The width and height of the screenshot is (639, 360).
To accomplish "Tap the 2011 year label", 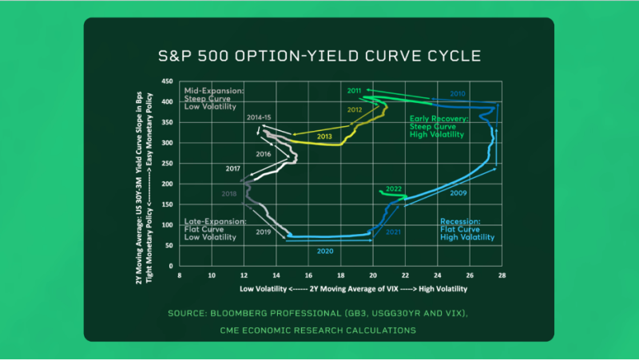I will click(x=354, y=90).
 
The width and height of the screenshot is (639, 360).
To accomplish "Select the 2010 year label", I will click(x=458, y=93).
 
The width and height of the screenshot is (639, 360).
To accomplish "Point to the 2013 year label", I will click(x=324, y=136).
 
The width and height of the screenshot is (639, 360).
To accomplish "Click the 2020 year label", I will click(x=324, y=251).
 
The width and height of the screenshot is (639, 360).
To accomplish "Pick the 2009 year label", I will click(x=458, y=193).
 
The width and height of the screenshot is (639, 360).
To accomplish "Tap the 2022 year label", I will click(x=393, y=189).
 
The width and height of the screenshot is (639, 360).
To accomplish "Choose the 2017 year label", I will click(x=233, y=168).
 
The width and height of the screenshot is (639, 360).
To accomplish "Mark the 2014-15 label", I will click(x=259, y=118).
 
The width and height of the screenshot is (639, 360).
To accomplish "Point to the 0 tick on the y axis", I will click(x=171, y=266).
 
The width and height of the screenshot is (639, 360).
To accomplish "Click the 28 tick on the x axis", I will click(x=502, y=275).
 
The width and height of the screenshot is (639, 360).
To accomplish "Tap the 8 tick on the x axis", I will click(x=180, y=275).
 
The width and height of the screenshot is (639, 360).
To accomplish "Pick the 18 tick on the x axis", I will click(x=340, y=275).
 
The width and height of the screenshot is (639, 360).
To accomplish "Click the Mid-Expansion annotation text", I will click(x=214, y=98).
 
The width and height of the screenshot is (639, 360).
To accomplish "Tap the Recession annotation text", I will click(x=469, y=230).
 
